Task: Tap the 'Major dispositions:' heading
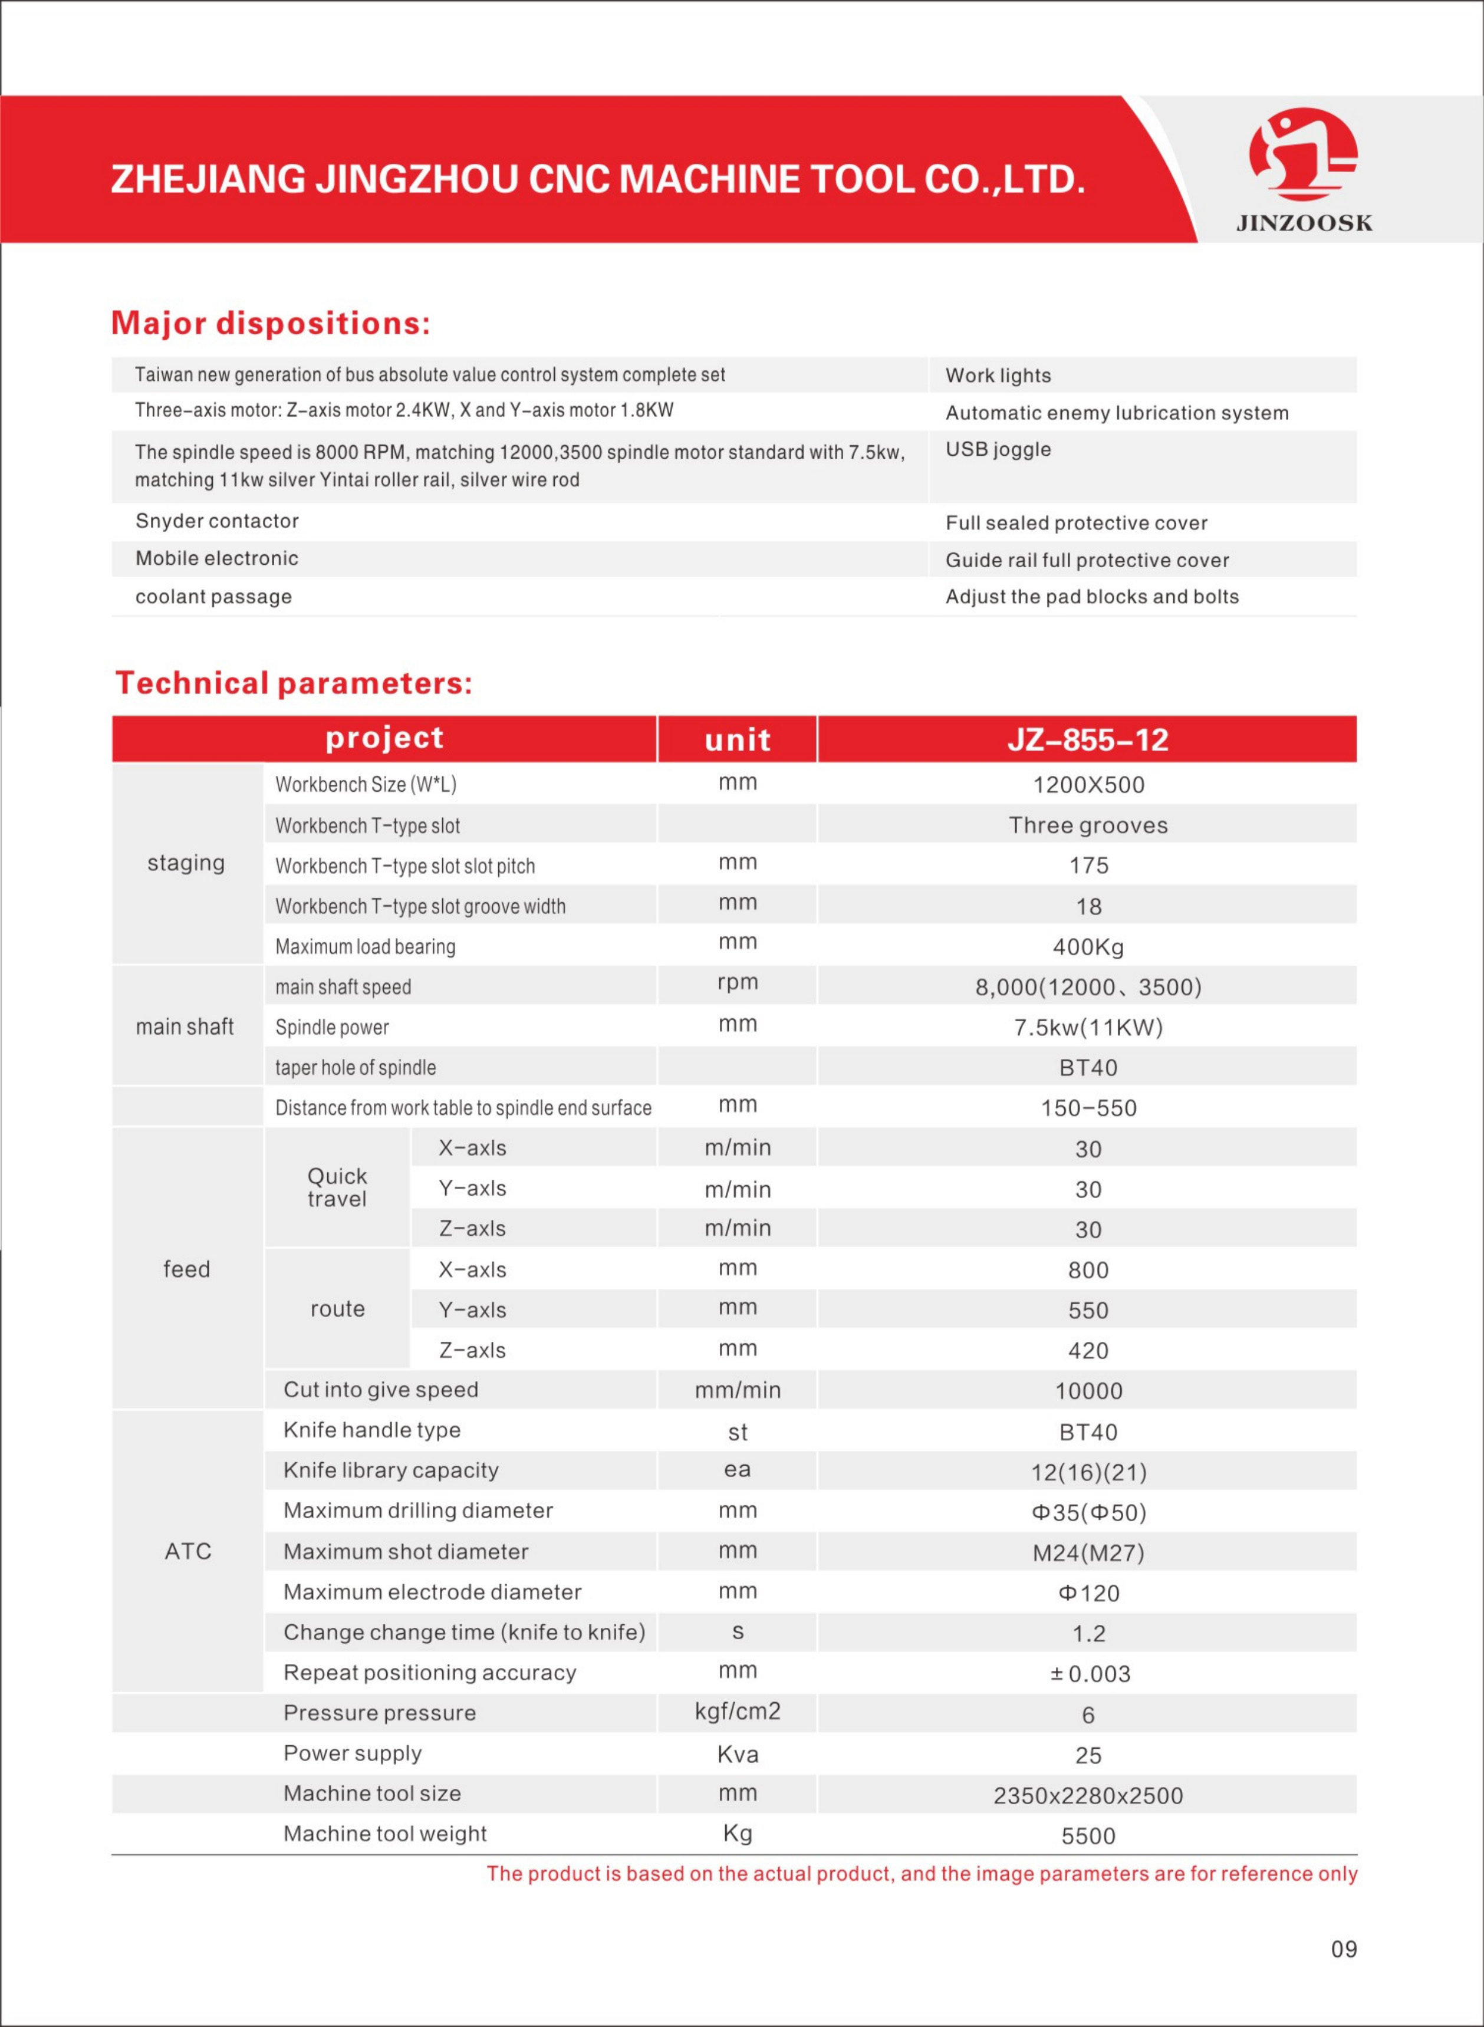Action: tap(271, 323)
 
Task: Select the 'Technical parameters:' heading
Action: tap(293, 683)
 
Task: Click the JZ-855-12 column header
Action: tap(1087, 740)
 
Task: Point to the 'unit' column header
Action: tap(738, 740)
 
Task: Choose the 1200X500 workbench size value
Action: tap(1088, 785)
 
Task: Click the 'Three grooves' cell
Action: tap(1088, 825)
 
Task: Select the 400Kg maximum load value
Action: tap(1088, 947)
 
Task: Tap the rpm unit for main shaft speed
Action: tap(738, 982)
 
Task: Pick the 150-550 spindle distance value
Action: tap(1088, 1108)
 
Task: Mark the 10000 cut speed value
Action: tap(1088, 1391)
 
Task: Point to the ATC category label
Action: tap(187, 1551)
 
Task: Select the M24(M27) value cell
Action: tap(1088, 1553)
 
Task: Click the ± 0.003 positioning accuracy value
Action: tap(1090, 1674)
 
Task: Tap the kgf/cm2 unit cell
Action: tap(738, 1711)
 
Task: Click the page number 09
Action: tap(1343, 1949)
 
